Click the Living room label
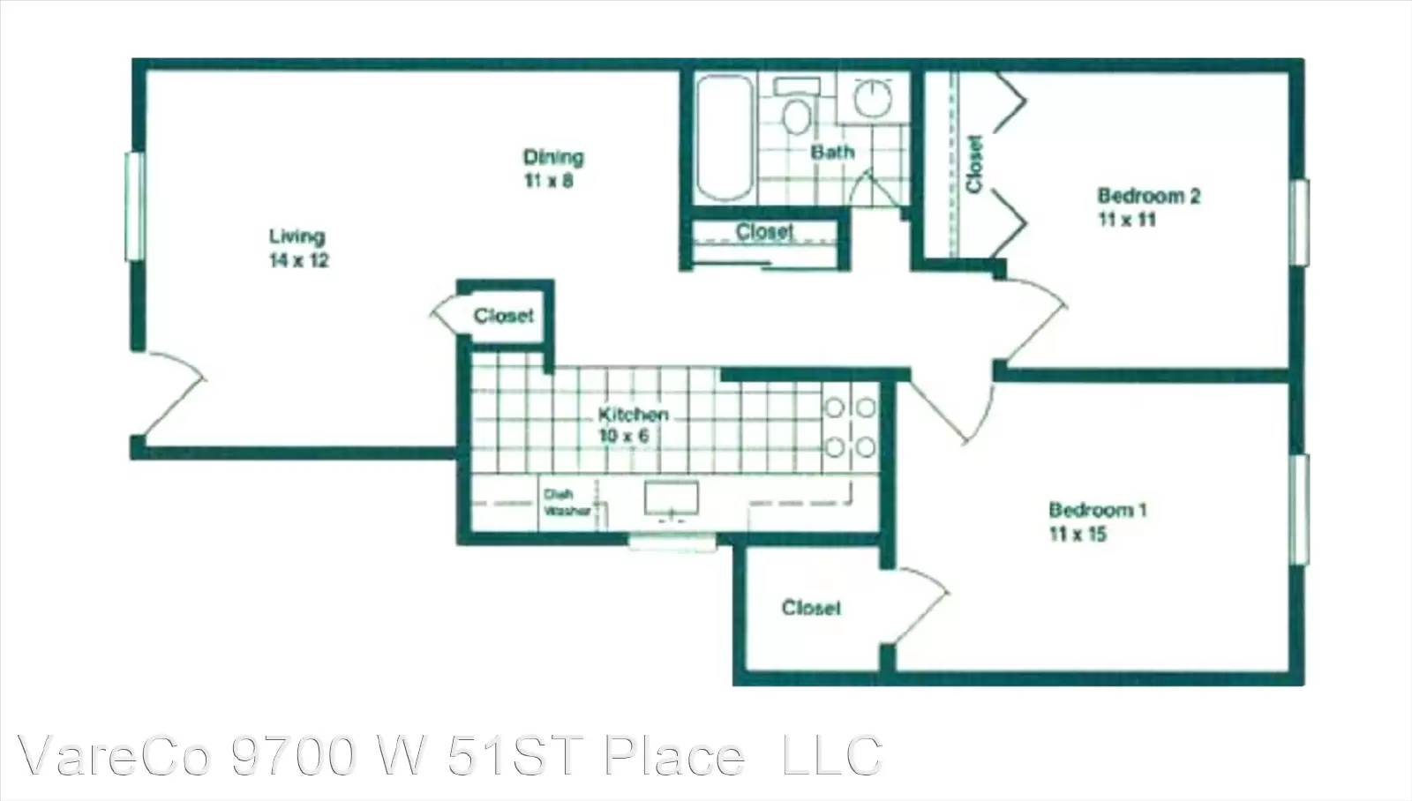click(x=299, y=248)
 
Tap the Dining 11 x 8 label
click(x=553, y=168)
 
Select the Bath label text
click(x=832, y=152)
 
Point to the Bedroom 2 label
click(x=1148, y=206)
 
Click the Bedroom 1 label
click(x=1098, y=521)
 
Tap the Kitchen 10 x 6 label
click(x=632, y=425)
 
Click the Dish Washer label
click(x=567, y=503)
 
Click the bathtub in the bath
click(x=725, y=138)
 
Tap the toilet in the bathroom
click(x=797, y=106)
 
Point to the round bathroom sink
click(x=873, y=98)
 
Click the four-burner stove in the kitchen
click(x=851, y=427)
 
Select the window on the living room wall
click(x=135, y=206)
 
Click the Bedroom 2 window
click(x=1299, y=222)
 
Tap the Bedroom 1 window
click(x=1299, y=509)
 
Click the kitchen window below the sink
click(x=672, y=542)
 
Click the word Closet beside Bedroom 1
click(x=811, y=608)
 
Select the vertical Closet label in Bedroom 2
click(x=974, y=164)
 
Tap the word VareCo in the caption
click(x=114, y=756)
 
